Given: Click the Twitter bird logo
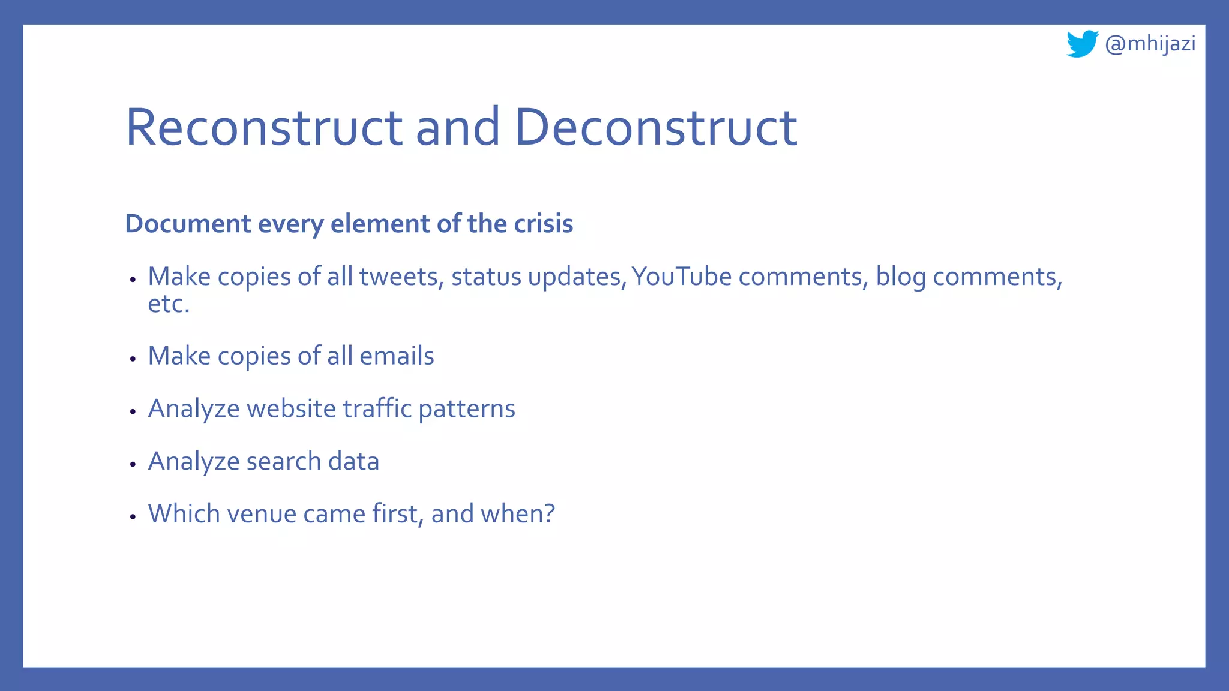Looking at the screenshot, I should click(1082, 44).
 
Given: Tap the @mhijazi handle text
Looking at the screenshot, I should click(1150, 44).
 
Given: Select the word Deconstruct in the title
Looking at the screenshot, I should click(656, 127).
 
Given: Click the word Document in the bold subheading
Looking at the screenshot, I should click(188, 224).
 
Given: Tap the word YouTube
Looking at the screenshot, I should click(682, 277).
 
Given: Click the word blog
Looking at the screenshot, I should click(900, 277).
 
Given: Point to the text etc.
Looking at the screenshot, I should click(169, 304).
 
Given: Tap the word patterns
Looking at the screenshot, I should click(466, 409).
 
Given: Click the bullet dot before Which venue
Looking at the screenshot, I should click(133, 516).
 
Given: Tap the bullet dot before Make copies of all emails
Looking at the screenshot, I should click(133, 359).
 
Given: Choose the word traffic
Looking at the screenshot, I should click(377, 409).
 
